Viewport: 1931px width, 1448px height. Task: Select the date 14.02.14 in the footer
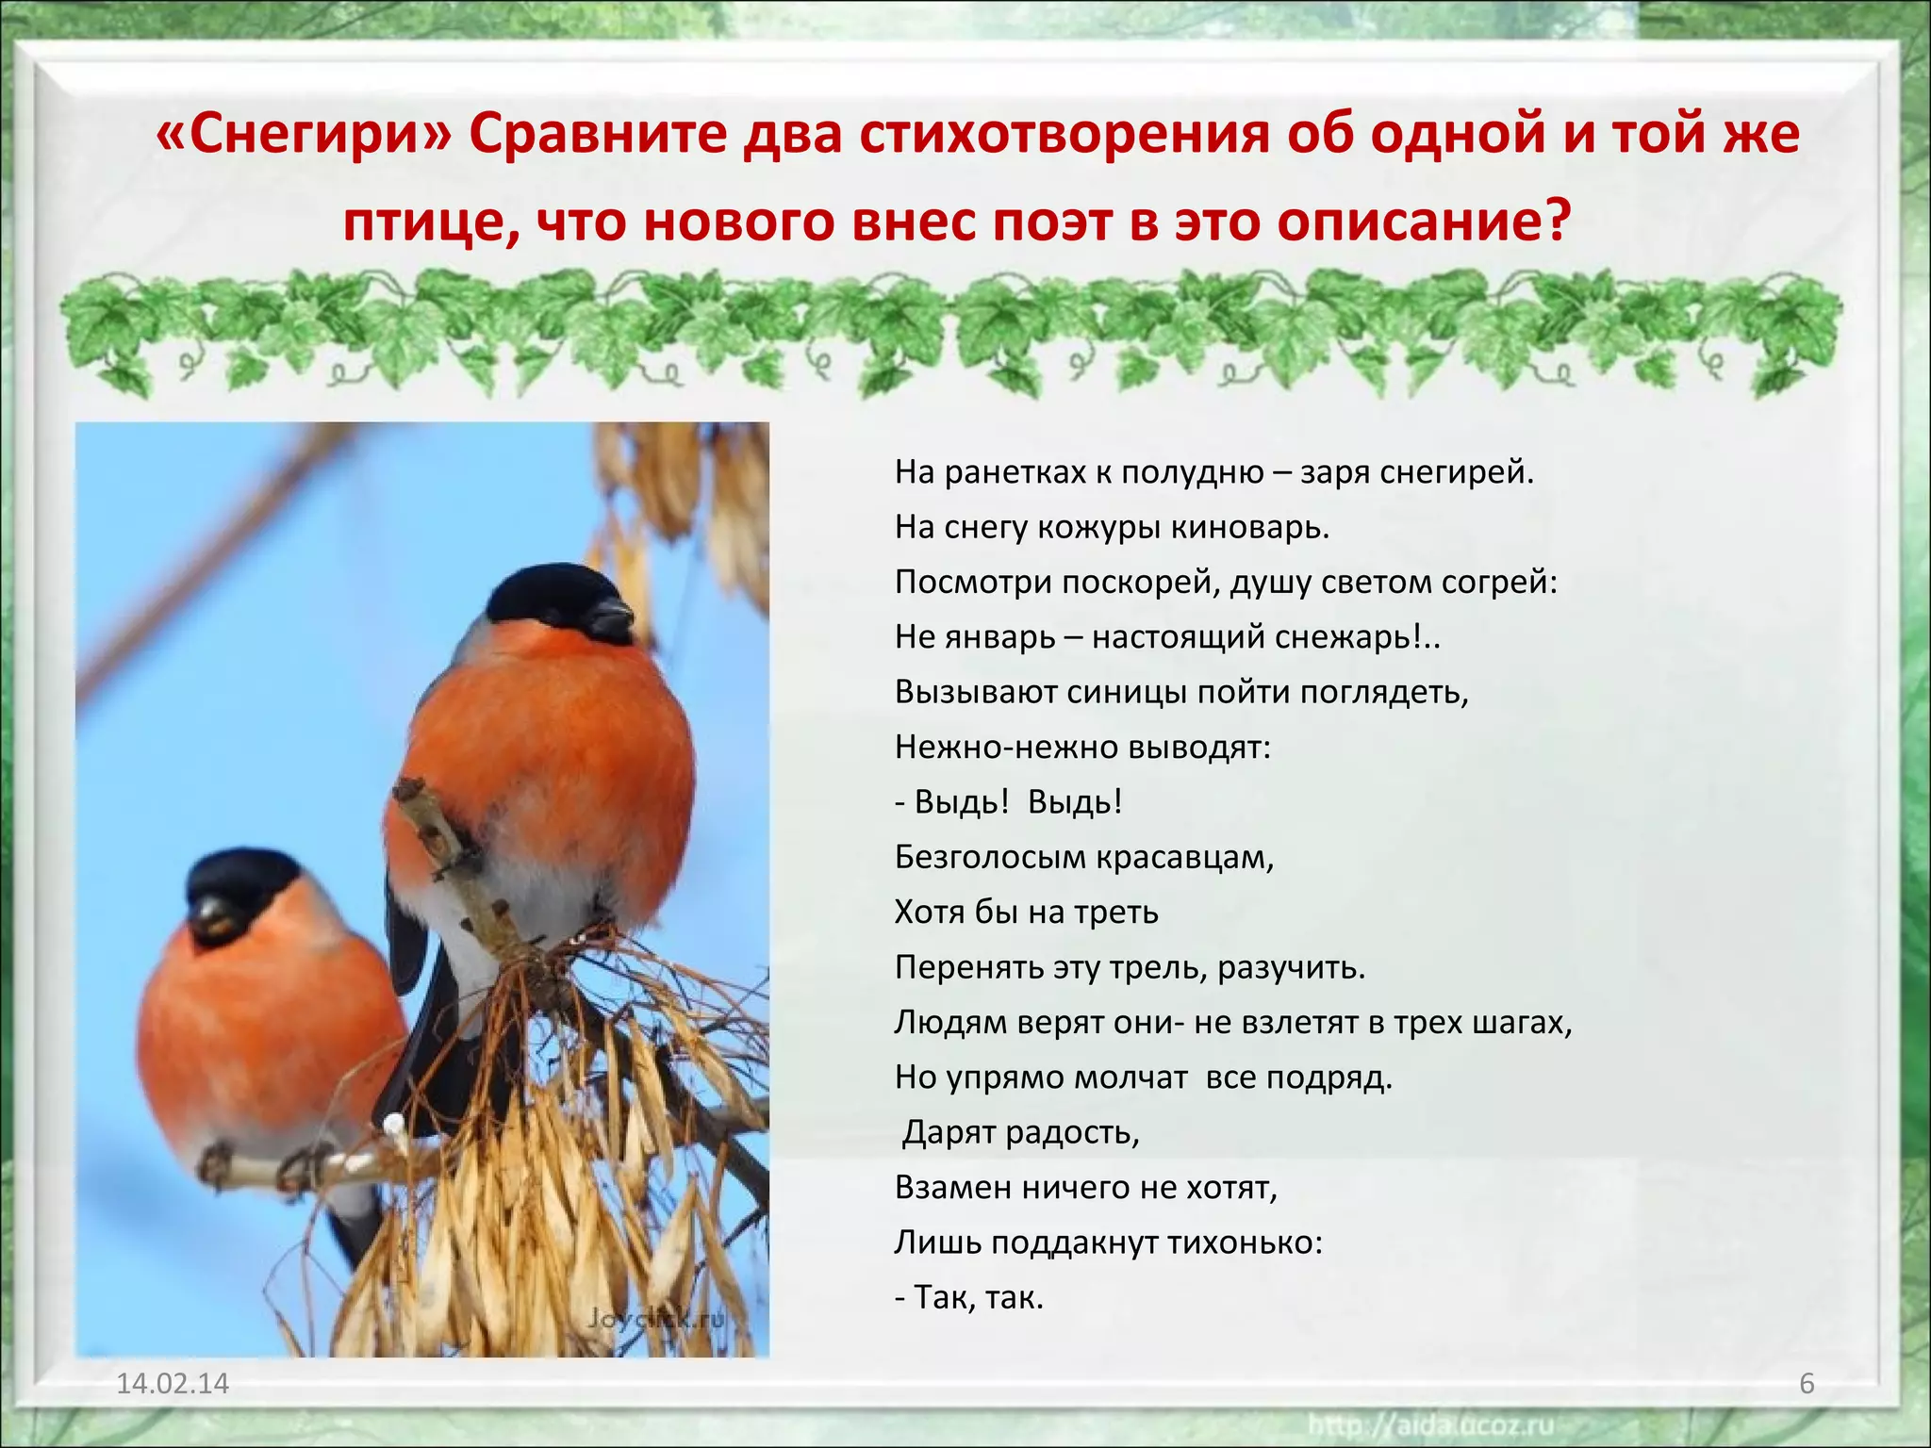173,1383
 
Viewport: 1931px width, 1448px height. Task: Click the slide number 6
1807,1383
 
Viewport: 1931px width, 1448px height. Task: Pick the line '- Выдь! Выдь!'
1008,802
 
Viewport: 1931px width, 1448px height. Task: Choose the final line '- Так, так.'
968,1298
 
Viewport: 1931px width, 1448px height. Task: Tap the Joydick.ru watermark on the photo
654,1317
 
